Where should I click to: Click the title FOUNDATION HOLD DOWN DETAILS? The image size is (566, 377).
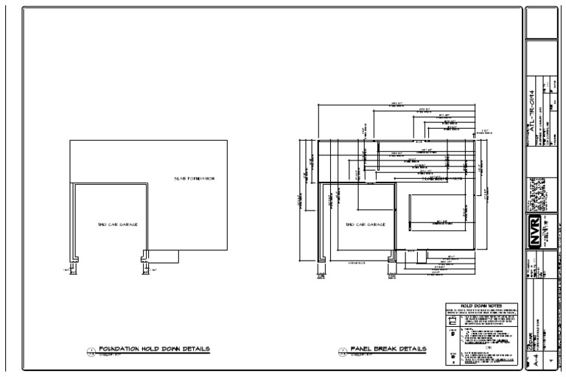click(x=154, y=348)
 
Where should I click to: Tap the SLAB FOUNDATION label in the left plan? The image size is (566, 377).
click(x=194, y=179)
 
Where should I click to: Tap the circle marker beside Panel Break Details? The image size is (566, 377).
click(x=342, y=351)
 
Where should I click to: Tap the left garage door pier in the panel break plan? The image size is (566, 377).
click(x=320, y=259)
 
